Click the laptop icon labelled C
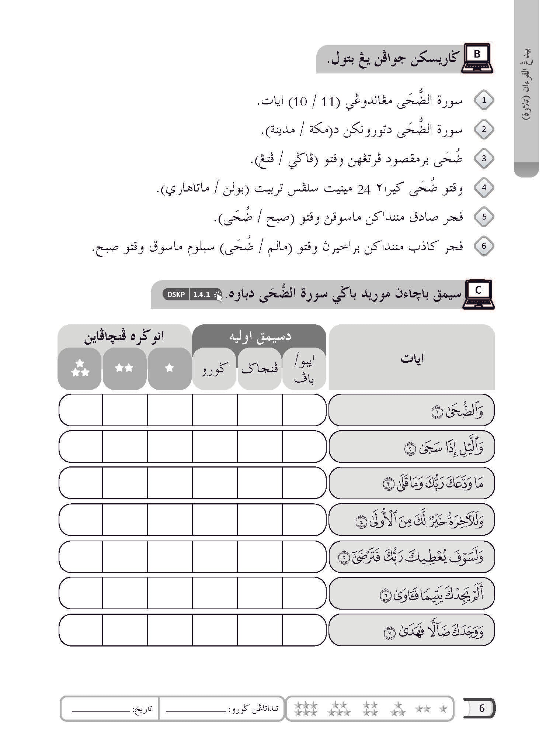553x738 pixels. point(479,294)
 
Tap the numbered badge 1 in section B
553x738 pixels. point(484,100)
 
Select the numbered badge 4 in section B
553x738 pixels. point(484,188)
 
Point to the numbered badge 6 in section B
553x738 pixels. point(484,246)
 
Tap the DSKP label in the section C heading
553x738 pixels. point(176,294)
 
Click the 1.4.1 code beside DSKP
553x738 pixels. point(201,294)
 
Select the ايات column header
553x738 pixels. point(412,358)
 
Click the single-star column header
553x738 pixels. point(169,368)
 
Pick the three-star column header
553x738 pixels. point(80,368)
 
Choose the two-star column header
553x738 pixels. point(124,368)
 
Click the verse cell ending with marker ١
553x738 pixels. point(411,410)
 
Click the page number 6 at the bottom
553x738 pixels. point(481,708)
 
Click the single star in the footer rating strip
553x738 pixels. point(444,708)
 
